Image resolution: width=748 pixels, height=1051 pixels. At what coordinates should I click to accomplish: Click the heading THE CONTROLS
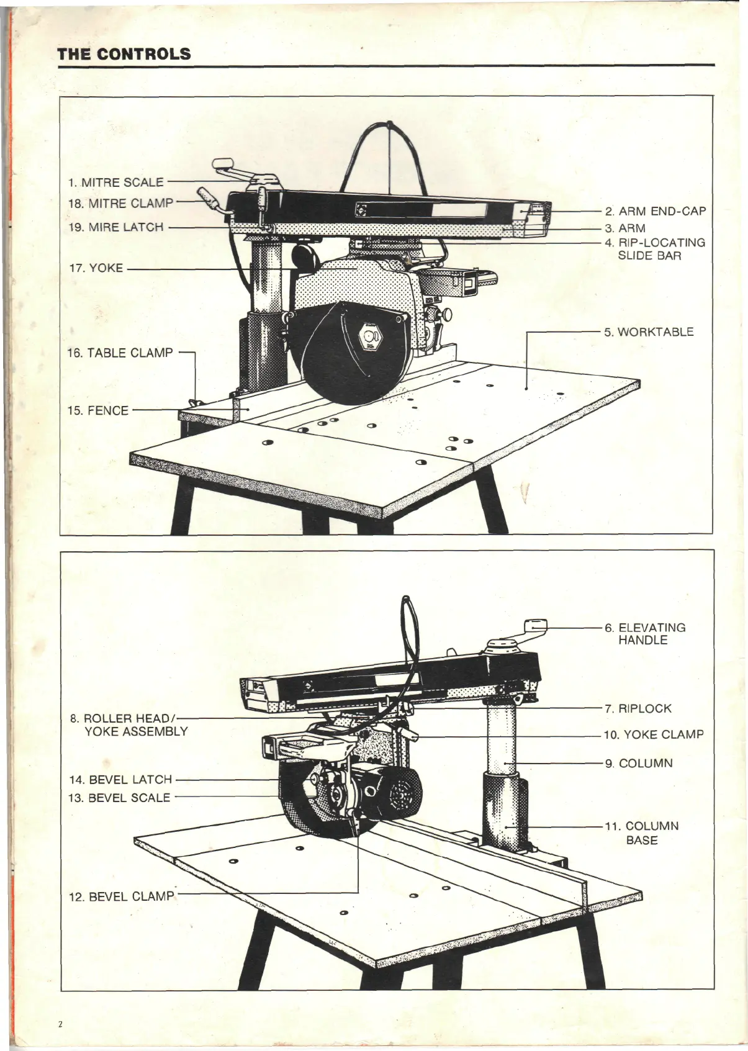124,53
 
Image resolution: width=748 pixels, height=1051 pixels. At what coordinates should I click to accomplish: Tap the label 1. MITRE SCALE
115,183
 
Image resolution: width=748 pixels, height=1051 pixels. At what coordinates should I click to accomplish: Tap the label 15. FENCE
97,410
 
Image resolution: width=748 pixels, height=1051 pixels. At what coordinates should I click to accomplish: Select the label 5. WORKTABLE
649,332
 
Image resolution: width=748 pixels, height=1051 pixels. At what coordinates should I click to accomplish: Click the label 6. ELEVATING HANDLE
646,633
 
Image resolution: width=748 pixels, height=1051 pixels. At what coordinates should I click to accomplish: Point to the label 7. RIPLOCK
639,708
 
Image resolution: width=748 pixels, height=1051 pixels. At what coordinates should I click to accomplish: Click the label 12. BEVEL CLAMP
122,896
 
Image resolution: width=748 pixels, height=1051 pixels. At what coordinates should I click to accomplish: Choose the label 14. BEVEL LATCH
120,780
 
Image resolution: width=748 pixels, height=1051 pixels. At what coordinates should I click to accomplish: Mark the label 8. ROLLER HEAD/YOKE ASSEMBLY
128,724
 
